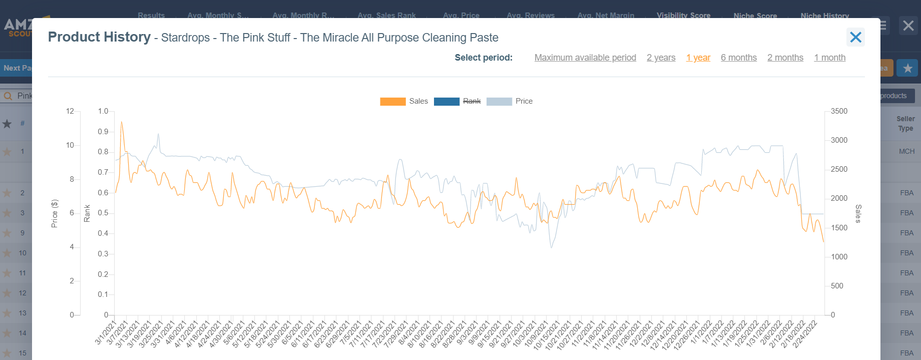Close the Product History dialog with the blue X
pos(855,37)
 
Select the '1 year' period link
pos(698,58)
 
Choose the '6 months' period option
pos(738,58)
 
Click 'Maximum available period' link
pos(585,58)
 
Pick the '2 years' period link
pos(661,58)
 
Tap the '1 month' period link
pos(829,58)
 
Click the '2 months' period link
pos(785,58)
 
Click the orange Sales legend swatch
pos(392,102)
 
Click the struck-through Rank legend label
pos(472,101)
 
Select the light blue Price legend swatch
pos(499,102)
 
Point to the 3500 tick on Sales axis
pos(839,111)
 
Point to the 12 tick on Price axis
pos(70,111)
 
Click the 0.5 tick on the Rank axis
pos(103,213)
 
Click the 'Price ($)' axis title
pos(55,213)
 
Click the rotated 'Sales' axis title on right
pos(858,213)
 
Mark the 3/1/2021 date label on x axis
pos(106,332)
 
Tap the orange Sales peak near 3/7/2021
pos(121,122)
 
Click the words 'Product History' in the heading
pos(99,37)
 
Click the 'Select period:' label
pos(483,58)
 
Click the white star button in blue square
pos(907,68)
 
